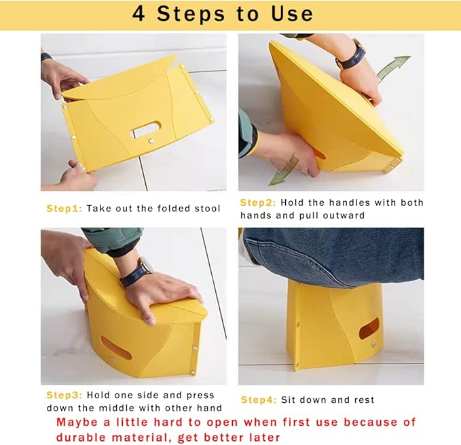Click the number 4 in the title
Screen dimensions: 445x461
coord(139,14)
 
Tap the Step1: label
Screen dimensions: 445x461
coord(64,209)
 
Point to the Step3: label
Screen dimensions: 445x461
coord(64,395)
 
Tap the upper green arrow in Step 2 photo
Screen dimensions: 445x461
coord(393,68)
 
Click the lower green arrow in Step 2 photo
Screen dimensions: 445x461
coord(283,171)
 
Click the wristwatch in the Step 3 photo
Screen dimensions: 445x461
coord(135,272)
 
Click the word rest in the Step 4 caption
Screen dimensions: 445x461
coord(363,399)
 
